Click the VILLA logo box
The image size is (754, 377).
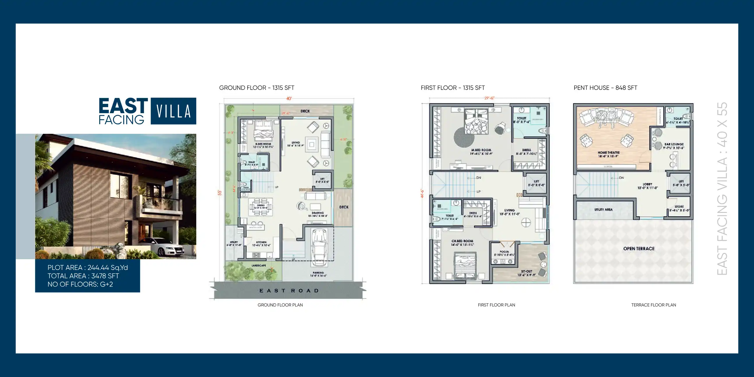tap(173, 111)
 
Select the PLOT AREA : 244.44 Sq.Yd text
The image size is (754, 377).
tap(88, 268)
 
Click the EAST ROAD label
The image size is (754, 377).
tap(289, 291)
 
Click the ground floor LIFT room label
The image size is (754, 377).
tap(322, 180)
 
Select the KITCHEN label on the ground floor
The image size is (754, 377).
tap(261, 243)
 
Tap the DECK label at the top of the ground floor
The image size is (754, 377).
tap(305, 111)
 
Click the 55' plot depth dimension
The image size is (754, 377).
tap(220, 193)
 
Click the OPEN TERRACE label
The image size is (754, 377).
tap(639, 248)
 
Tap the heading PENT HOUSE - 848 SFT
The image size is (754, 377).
tap(605, 88)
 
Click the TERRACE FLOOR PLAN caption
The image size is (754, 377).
tap(653, 305)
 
